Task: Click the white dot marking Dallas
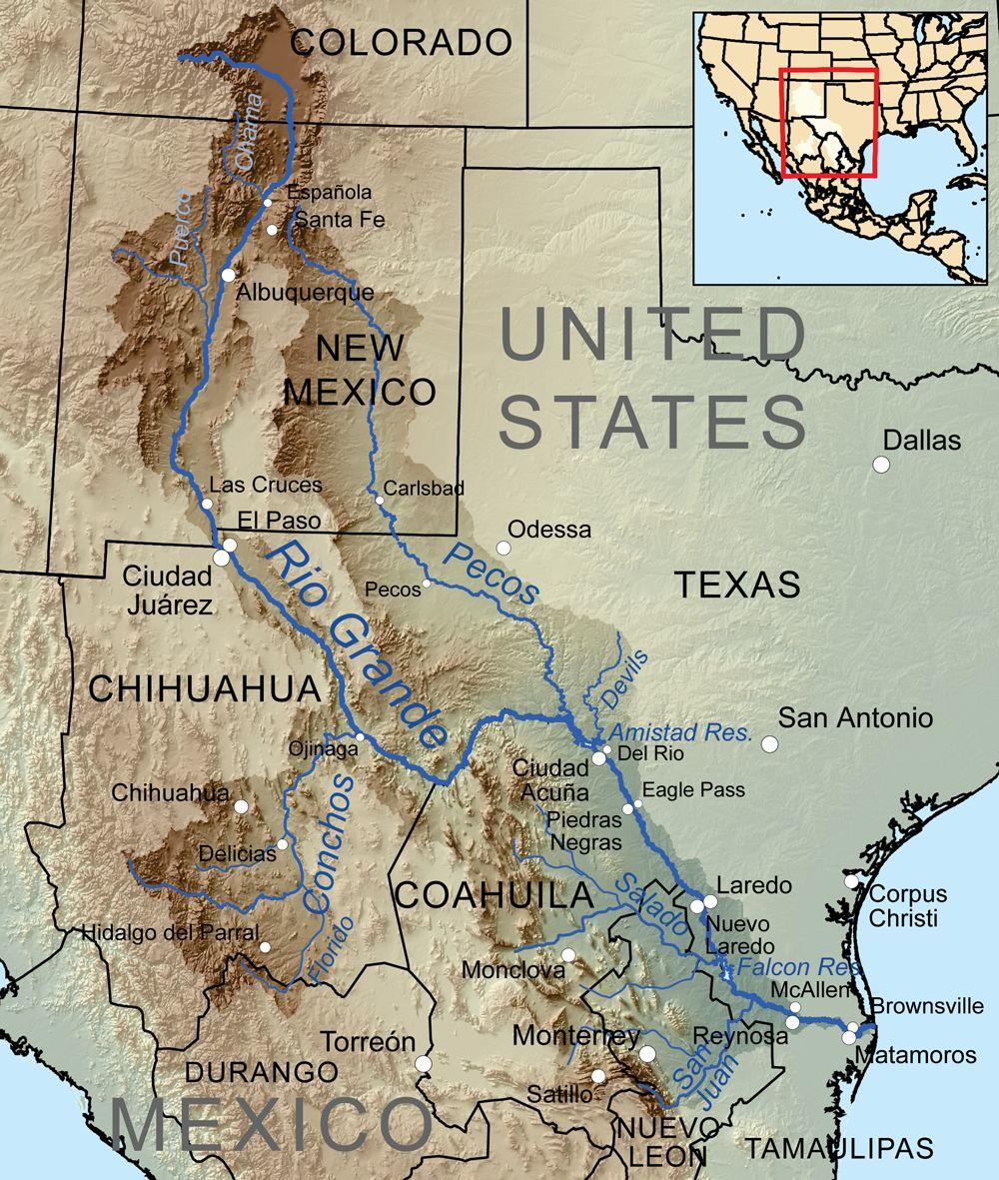click(x=881, y=464)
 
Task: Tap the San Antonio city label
click(x=855, y=717)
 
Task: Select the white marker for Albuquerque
click(x=229, y=275)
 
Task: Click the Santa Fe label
click(x=329, y=220)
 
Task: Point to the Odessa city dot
click(x=503, y=548)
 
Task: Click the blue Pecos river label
click(x=491, y=574)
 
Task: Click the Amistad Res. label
click(x=679, y=731)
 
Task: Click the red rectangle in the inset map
click(x=827, y=122)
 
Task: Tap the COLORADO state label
click(x=401, y=42)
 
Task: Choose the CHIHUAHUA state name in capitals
click(x=205, y=688)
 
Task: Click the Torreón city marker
click(x=424, y=1064)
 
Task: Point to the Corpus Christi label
click(x=902, y=906)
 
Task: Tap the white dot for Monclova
click(x=568, y=955)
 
